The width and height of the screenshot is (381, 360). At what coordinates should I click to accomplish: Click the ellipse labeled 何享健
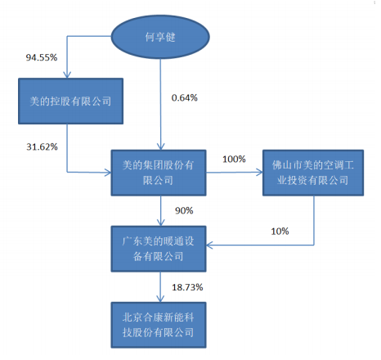coord(160,37)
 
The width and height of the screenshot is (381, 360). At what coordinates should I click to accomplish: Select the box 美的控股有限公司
coord(70,101)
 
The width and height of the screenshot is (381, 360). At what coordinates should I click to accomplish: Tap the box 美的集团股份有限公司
coord(159,173)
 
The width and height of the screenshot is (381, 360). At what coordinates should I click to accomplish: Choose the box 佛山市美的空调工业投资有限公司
coord(313,173)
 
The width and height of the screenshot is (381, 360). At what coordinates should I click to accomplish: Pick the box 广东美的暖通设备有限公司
coord(159,249)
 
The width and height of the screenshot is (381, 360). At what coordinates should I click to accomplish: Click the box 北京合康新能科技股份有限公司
coord(159,325)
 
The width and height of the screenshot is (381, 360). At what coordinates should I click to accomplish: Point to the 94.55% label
coord(42,57)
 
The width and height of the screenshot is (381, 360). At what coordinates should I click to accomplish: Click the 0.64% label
coord(185,97)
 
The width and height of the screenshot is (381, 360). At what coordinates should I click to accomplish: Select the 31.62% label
coord(42,147)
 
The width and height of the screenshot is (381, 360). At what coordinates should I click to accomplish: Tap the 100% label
coord(234,159)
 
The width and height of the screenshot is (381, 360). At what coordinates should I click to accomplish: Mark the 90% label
coord(184,210)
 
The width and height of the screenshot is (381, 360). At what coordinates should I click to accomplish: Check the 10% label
coord(280,232)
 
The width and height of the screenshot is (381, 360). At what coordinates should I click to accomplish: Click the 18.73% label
coord(187,287)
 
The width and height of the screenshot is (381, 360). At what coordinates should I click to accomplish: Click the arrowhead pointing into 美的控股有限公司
coord(67,75)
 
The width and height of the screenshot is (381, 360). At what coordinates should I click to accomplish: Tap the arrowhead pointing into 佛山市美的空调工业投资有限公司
coord(259,173)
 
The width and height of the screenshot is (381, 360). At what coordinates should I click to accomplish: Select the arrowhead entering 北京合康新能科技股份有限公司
coord(160,299)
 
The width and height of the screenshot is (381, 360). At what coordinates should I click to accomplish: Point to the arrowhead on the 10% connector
coord(209,245)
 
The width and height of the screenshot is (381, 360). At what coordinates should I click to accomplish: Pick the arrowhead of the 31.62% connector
coord(108,173)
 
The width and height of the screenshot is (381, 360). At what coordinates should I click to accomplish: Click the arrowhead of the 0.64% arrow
coord(161,146)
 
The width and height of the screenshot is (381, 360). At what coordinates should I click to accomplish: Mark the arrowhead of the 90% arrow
coord(161,223)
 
